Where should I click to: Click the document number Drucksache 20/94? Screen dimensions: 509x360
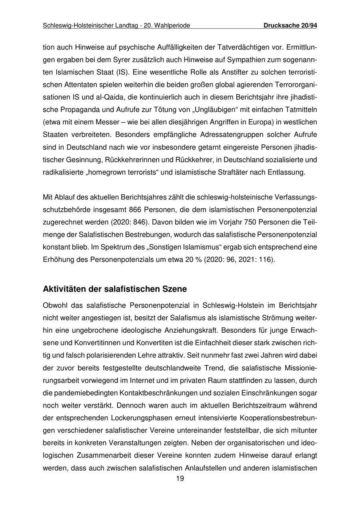[x=290, y=26]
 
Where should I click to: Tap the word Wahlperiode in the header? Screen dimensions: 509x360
[x=172, y=26]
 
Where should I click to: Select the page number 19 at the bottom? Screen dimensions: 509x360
[x=180, y=479]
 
